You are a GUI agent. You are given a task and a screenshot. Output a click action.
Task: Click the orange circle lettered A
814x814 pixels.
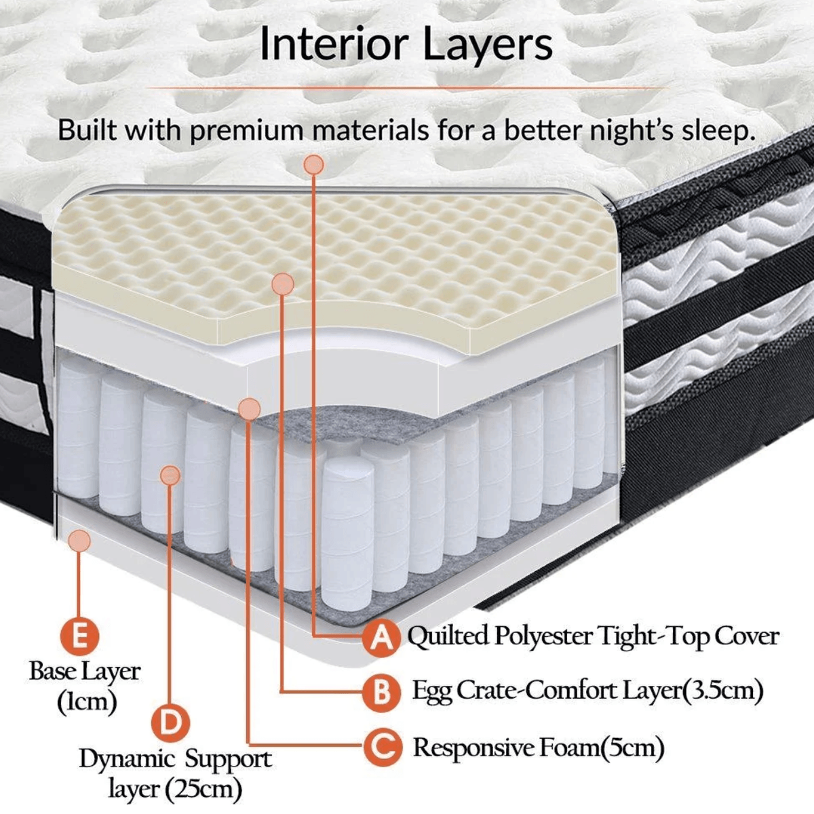pos(381,638)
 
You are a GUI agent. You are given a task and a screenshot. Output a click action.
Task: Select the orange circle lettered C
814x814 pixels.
pos(381,748)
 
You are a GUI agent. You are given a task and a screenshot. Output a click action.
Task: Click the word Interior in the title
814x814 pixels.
pos(334,44)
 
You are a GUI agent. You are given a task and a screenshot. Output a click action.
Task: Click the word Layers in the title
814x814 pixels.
pos(488,44)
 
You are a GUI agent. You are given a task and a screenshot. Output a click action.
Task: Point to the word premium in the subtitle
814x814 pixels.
pos(247,130)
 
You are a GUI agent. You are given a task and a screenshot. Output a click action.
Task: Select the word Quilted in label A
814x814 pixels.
pos(447,636)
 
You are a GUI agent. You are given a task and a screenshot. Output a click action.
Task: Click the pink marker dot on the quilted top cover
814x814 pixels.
pos(314,165)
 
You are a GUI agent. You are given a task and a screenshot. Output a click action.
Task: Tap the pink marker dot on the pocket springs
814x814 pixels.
pos(170,476)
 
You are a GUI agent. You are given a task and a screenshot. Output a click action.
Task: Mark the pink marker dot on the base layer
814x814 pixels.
pos(79,540)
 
